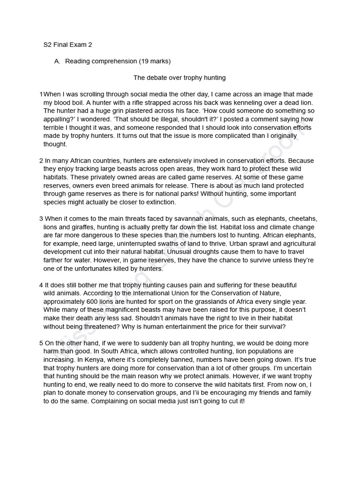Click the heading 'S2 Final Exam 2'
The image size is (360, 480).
pyautogui.click(x=67, y=45)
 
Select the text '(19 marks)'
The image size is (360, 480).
pyautogui.click(x=155, y=61)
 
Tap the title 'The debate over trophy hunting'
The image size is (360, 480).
pyautogui.click(x=180, y=78)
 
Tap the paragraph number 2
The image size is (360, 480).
pyautogui.click(x=41, y=161)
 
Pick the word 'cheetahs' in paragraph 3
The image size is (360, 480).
pyautogui.click(x=303, y=219)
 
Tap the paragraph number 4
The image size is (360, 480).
pyautogui.click(x=41, y=285)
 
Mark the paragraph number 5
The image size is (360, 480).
pyautogui.click(x=41, y=343)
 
